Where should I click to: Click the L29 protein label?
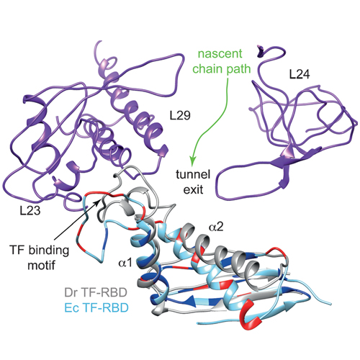[x=180, y=115]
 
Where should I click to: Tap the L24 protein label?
[x=300, y=74]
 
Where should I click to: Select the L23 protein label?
[x=30, y=210]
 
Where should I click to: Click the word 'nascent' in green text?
[x=220, y=53]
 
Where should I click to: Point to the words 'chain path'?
[x=222, y=69]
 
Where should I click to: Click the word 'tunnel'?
[x=193, y=174]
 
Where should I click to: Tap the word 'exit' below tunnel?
[x=193, y=189]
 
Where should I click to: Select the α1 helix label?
[x=125, y=263]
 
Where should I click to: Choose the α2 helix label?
[x=216, y=227]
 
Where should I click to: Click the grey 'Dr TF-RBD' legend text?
[x=96, y=292]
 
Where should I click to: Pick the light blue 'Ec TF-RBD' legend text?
[x=96, y=307]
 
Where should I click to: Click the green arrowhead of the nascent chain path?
[x=193, y=161]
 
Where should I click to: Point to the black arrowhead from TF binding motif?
[x=97, y=202]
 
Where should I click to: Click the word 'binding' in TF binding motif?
[x=49, y=251]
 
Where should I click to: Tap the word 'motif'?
[x=41, y=266]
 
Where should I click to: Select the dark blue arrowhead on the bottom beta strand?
[x=189, y=300]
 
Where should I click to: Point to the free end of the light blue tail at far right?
[x=331, y=305]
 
